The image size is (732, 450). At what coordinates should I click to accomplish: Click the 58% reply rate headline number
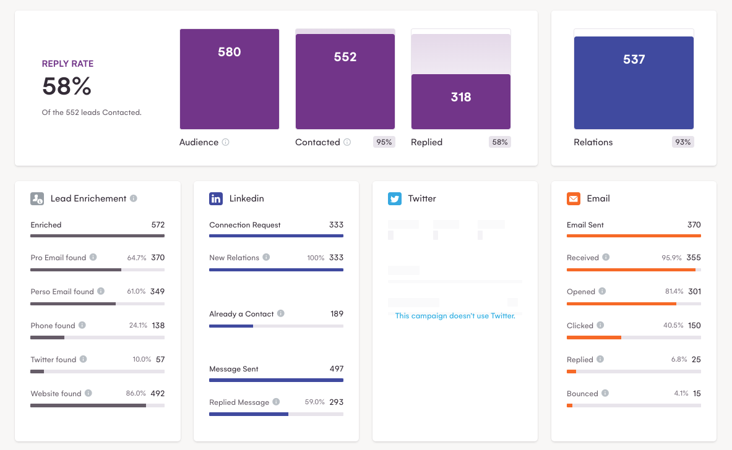pyautogui.click(x=67, y=87)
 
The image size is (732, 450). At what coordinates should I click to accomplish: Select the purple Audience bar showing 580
pyautogui.click(x=229, y=79)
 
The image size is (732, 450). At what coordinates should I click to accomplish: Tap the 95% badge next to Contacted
pyautogui.click(x=384, y=142)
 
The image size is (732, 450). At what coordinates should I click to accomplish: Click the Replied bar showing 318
pyautogui.click(x=461, y=101)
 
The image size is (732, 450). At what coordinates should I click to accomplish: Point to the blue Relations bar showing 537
pyautogui.click(x=634, y=82)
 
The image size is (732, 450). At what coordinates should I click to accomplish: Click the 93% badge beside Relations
pyautogui.click(x=682, y=142)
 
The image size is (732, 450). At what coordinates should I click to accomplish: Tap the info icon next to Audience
pyautogui.click(x=225, y=142)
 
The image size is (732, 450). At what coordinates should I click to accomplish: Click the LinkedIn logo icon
pyautogui.click(x=216, y=198)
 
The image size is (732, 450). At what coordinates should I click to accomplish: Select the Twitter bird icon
pyautogui.click(x=395, y=198)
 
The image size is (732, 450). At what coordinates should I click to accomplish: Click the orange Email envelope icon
pyautogui.click(x=574, y=198)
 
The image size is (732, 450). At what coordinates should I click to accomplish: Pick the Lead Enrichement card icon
pyautogui.click(x=37, y=198)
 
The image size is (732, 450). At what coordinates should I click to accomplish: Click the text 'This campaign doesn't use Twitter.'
pyautogui.click(x=455, y=316)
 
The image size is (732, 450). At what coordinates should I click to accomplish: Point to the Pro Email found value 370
pyautogui.click(x=158, y=258)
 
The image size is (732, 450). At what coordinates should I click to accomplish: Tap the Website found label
pyautogui.click(x=56, y=394)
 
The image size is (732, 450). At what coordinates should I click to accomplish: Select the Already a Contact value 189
pyautogui.click(x=337, y=314)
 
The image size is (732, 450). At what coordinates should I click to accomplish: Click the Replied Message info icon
pyautogui.click(x=276, y=402)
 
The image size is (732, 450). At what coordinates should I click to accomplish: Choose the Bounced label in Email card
pyautogui.click(x=582, y=394)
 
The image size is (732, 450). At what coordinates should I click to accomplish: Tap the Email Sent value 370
pyautogui.click(x=694, y=225)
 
